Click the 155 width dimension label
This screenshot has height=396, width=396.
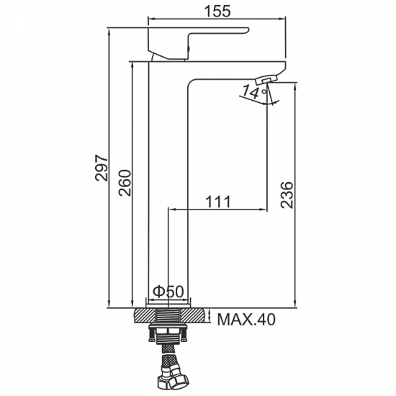pyautogui.click(x=217, y=12)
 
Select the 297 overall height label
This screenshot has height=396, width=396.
pyautogui.click(x=102, y=168)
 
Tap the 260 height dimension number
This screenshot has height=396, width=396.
pyautogui.click(x=125, y=183)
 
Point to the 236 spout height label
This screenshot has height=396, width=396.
pyautogui.click(x=287, y=194)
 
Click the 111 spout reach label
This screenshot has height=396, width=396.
pyautogui.click(x=218, y=202)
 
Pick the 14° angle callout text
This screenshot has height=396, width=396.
pyautogui.click(x=255, y=92)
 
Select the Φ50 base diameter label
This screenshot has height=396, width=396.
pyautogui.click(x=168, y=292)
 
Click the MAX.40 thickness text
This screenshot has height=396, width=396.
pyautogui.click(x=246, y=320)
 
